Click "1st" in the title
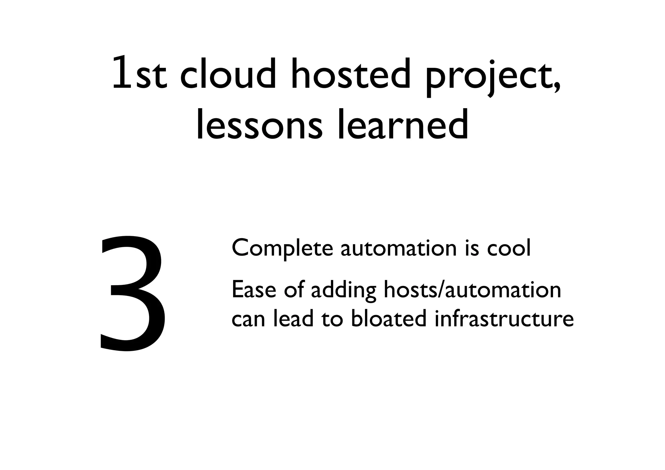click(x=139, y=74)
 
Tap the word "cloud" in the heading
click(x=228, y=74)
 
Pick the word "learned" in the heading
click(x=403, y=125)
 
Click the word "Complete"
click(x=282, y=248)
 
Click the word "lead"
click(x=293, y=318)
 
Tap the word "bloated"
click(x=388, y=318)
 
